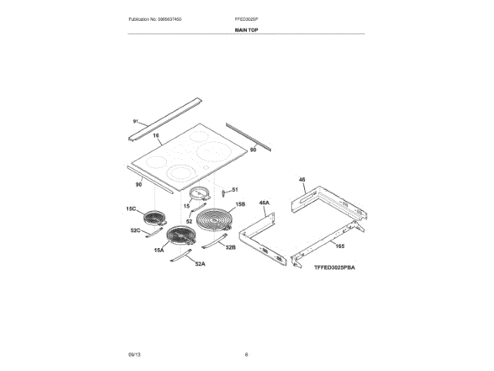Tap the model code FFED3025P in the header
click(246, 18)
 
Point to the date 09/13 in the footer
click(134, 354)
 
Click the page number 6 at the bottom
click(246, 354)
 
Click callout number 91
click(136, 122)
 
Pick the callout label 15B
click(240, 205)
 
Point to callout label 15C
click(130, 209)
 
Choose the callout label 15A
click(159, 250)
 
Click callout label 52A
click(200, 264)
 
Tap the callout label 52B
click(231, 247)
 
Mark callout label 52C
click(134, 230)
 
